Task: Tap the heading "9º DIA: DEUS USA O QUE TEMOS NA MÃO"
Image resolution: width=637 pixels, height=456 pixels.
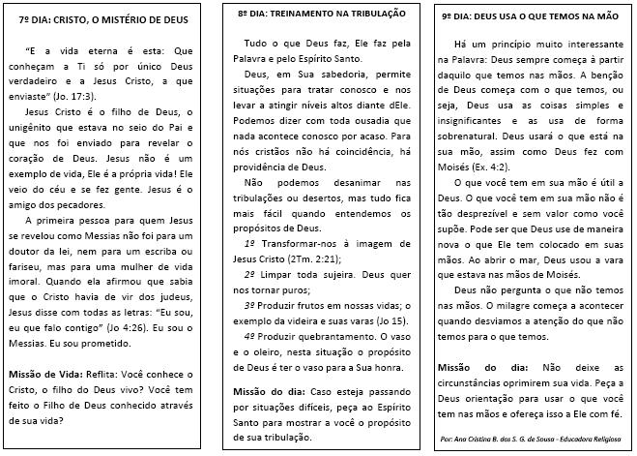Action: click(x=529, y=16)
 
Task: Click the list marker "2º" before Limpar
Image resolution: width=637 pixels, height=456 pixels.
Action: click(x=250, y=274)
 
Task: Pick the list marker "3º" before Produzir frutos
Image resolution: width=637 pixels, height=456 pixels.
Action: click(x=250, y=306)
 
